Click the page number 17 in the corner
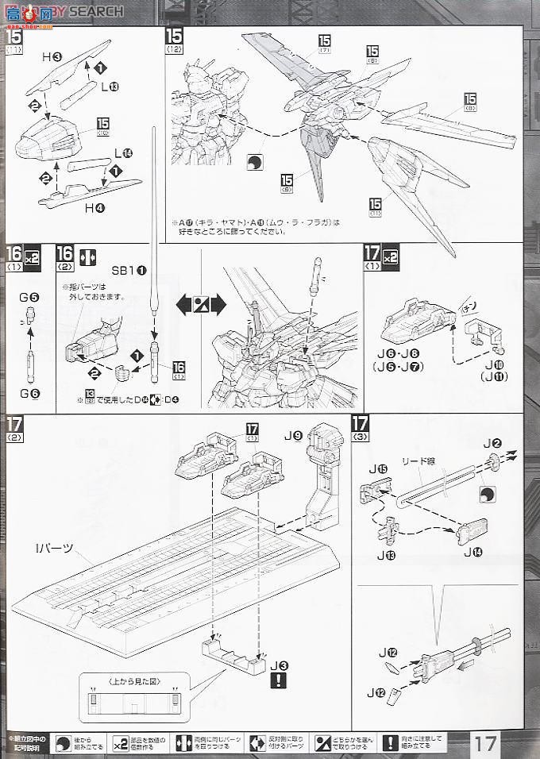(x=488, y=744)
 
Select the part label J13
(x=389, y=553)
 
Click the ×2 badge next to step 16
(x=33, y=257)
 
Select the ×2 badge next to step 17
(x=390, y=257)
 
